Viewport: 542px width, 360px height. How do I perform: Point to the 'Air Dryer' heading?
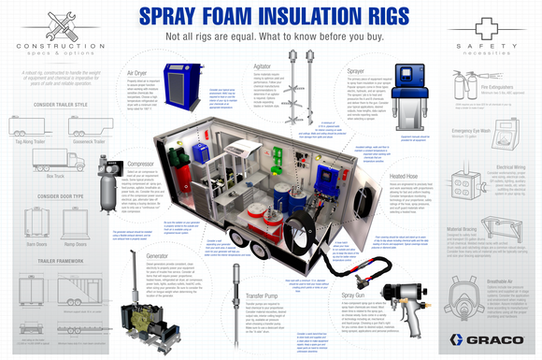[137, 72]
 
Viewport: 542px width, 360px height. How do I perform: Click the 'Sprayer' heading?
[356, 69]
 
